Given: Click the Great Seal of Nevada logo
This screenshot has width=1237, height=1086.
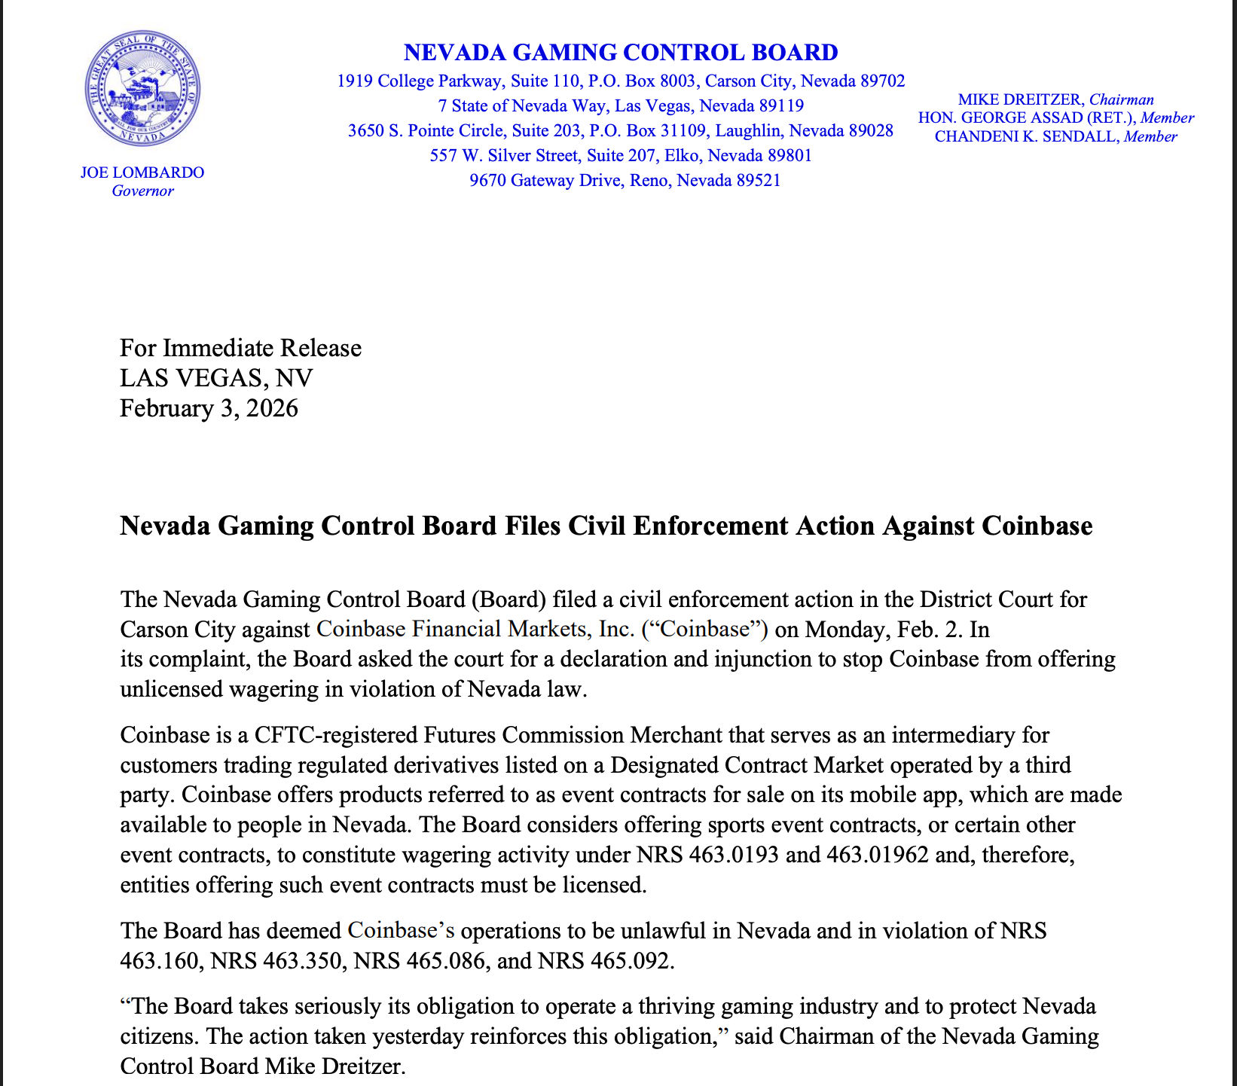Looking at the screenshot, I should [x=143, y=90].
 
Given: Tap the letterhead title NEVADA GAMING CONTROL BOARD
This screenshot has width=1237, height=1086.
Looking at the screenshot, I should [x=621, y=53].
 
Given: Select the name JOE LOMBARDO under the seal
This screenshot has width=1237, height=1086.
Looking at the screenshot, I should [x=142, y=172].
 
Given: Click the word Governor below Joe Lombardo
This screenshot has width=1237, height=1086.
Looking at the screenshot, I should [x=142, y=191].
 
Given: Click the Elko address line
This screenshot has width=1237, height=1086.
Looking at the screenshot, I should [x=621, y=156].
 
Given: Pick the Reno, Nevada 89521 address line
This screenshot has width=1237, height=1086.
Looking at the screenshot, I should [x=625, y=181].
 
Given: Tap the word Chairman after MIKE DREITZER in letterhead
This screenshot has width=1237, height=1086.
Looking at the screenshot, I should [x=1122, y=100].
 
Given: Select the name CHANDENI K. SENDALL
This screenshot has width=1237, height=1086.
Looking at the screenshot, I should [x=1027, y=137].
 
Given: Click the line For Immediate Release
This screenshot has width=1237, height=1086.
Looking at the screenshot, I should [x=240, y=348].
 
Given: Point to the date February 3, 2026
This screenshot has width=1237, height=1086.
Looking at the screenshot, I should [x=209, y=408].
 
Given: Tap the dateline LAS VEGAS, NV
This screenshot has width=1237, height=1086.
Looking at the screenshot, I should [x=216, y=378].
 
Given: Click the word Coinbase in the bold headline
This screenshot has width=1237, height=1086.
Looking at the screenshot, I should [x=1037, y=526].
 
